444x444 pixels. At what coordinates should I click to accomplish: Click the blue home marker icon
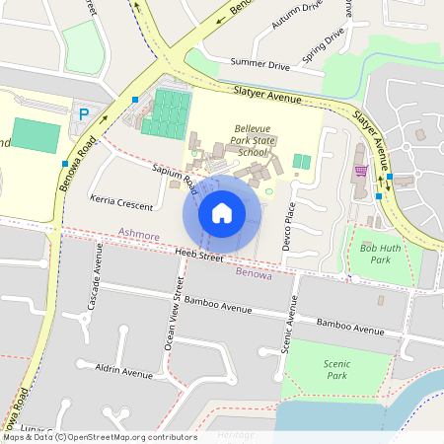click(222, 212)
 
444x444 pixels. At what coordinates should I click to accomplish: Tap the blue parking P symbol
click(83, 114)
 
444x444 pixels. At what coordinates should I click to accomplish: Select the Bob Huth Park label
click(379, 254)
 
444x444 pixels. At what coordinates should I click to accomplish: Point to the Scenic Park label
click(336, 369)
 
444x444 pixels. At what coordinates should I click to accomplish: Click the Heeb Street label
click(197, 257)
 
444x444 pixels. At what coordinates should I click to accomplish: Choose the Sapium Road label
click(175, 174)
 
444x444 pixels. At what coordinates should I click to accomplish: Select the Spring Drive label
click(325, 45)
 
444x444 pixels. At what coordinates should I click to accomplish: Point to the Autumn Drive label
click(299, 18)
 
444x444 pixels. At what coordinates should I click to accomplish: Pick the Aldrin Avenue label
click(124, 373)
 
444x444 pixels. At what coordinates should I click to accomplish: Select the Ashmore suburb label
click(138, 236)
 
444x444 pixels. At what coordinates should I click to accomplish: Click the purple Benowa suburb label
click(254, 272)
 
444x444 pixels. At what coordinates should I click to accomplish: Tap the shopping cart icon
click(361, 171)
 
